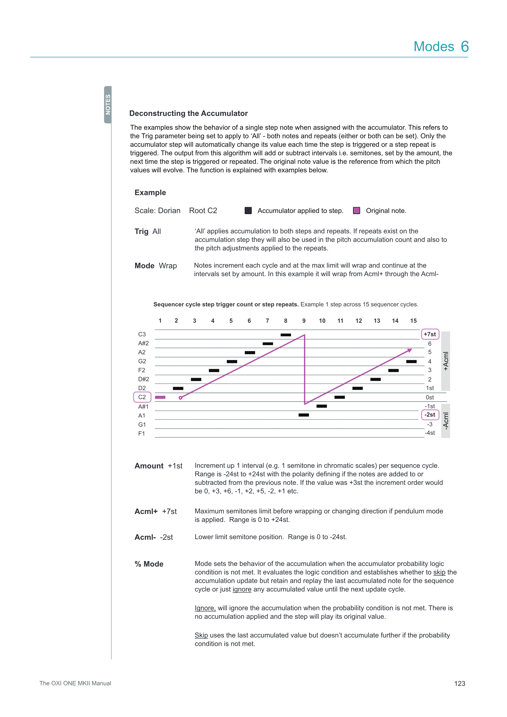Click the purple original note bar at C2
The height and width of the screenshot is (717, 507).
point(160,397)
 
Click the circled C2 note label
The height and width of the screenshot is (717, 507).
point(142,397)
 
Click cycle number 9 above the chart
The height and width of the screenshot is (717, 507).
point(304,321)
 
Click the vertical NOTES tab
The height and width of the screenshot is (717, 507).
point(108,105)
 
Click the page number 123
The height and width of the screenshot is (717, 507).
point(460,684)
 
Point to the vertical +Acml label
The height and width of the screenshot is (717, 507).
point(446,361)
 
